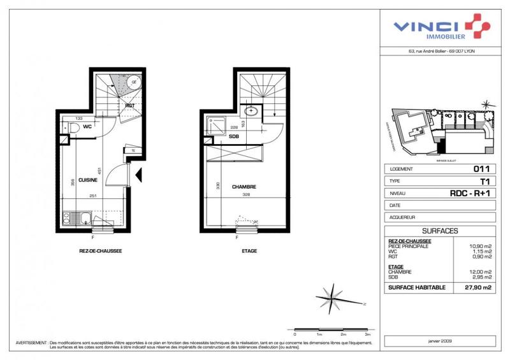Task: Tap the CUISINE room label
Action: pyautogui.click(x=87, y=162)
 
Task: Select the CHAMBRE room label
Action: pyautogui.click(x=244, y=187)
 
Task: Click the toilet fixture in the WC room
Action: pyautogui.click(x=73, y=129)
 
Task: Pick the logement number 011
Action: pyautogui.click(x=481, y=169)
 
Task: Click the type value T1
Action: pyautogui.click(x=484, y=181)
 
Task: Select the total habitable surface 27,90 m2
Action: pyautogui.click(x=477, y=288)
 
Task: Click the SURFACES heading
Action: pyautogui.click(x=440, y=231)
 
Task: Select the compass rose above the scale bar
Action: pyautogui.click(x=332, y=295)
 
